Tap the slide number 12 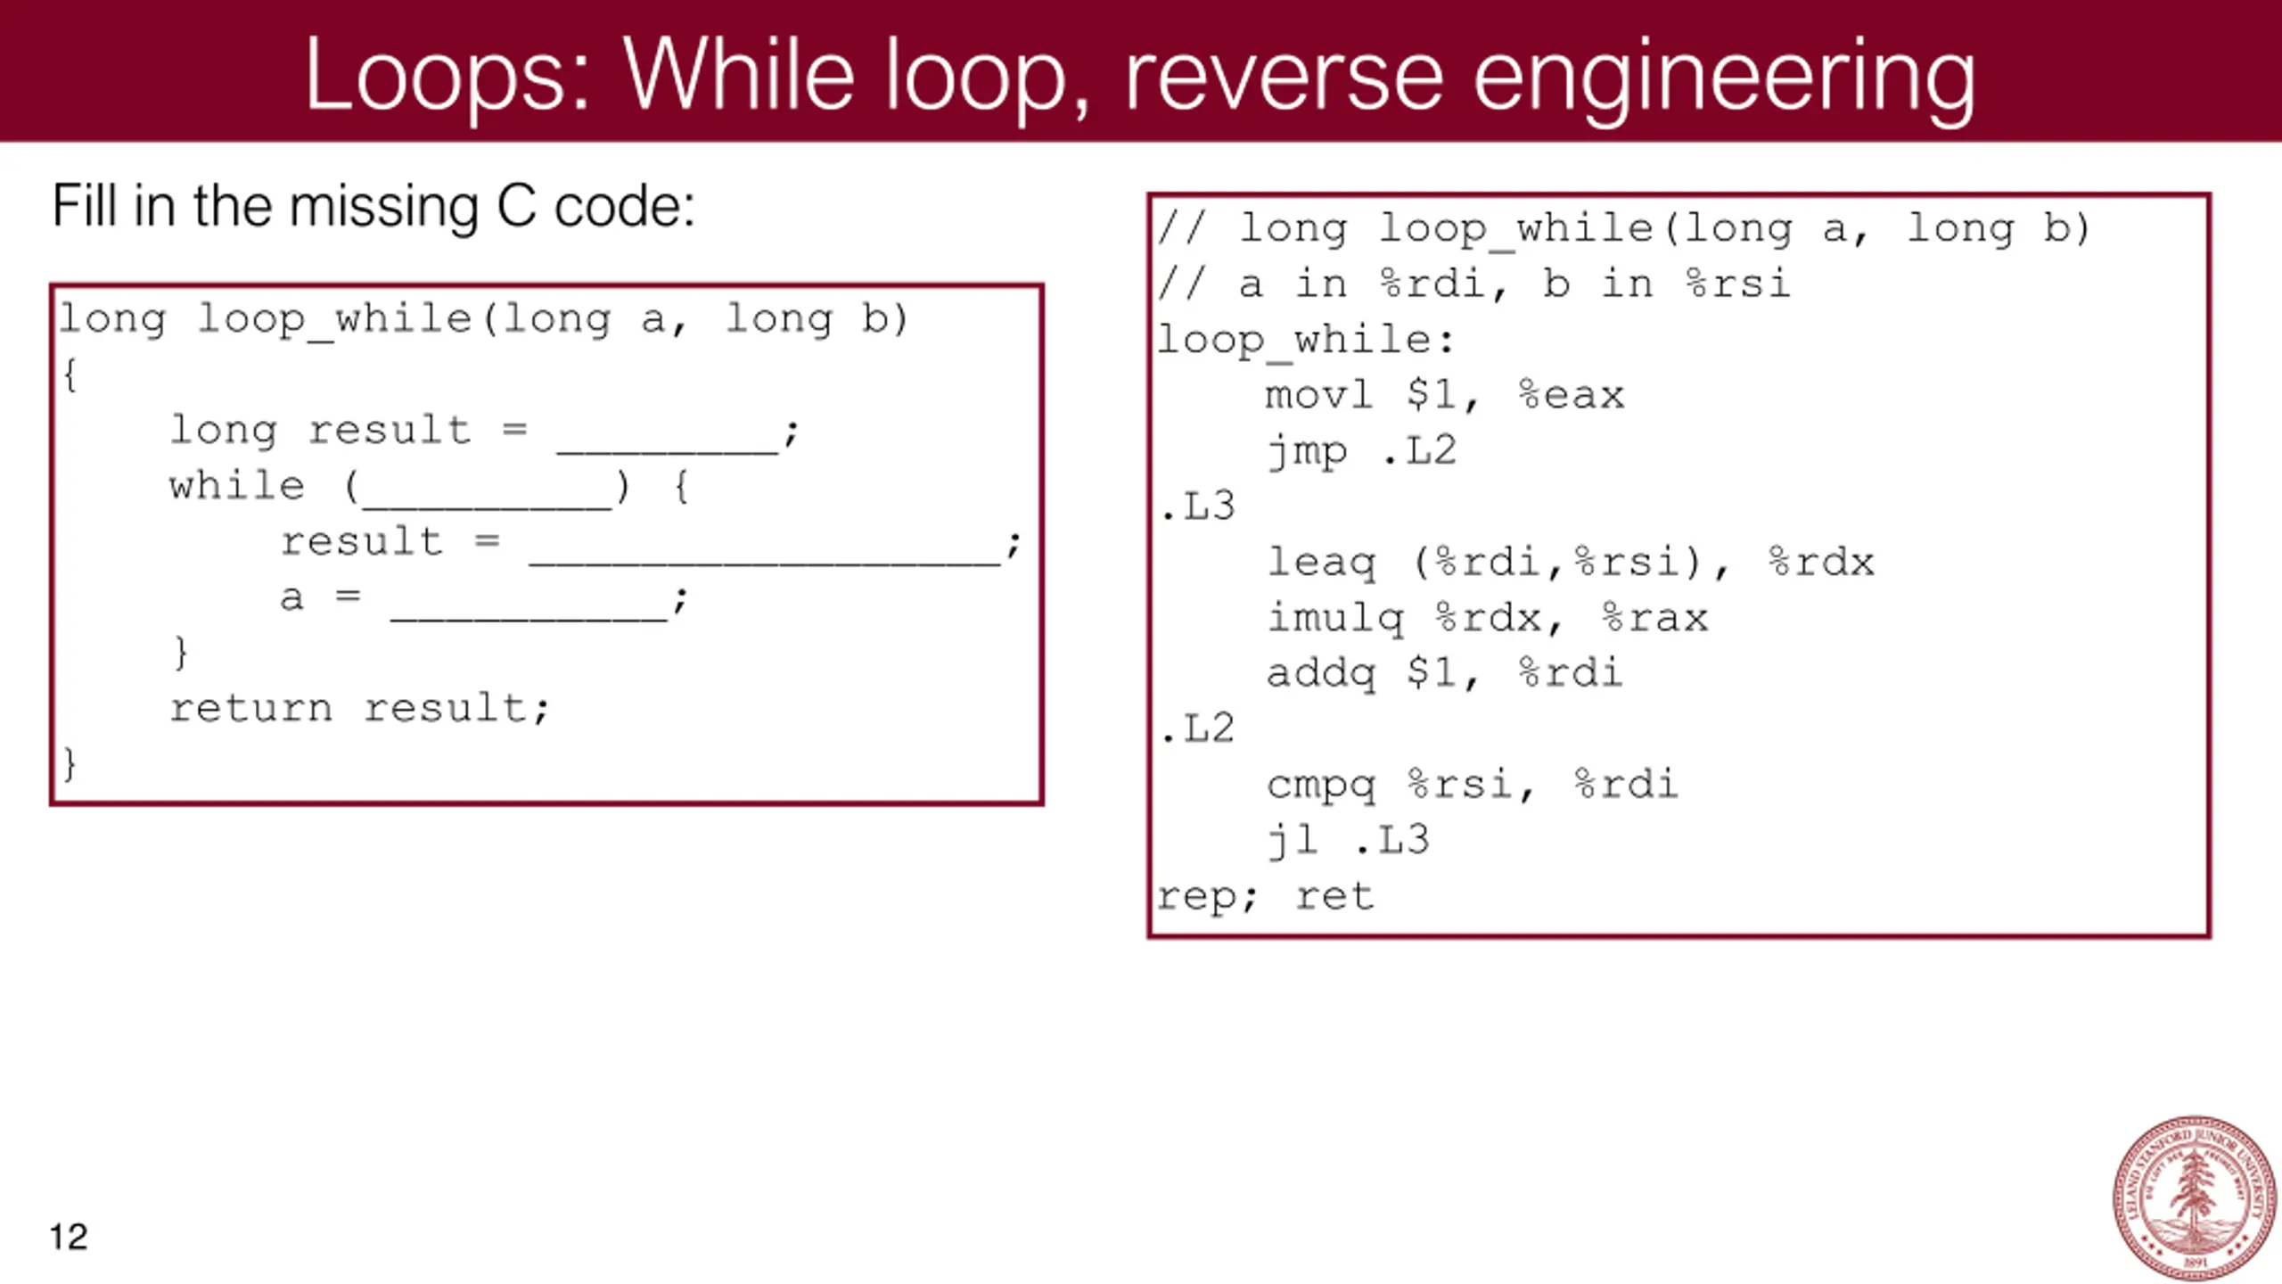pyautogui.click(x=69, y=1237)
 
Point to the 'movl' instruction pyautogui.click(x=1318, y=395)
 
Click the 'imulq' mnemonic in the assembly pyautogui.click(x=1335, y=617)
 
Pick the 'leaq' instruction pyautogui.click(x=1321, y=563)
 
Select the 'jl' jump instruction pyautogui.click(x=1293, y=840)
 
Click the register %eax pyautogui.click(x=1572, y=395)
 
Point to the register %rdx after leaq pyautogui.click(x=1821, y=563)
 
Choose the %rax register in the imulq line pyautogui.click(x=1654, y=617)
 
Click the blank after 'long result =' pyautogui.click(x=668, y=437)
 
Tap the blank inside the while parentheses pyautogui.click(x=487, y=492)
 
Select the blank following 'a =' pyautogui.click(x=529, y=604)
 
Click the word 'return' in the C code pyautogui.click(x=250, y=709)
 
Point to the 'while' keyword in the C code pyautogui.click(x=237, y=487)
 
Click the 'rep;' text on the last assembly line pyautogui.click(x=1207, y=896)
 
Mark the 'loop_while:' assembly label pyautogui.click(x=1305, y=341)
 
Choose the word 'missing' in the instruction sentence pyautogui.click(x=384, y=207)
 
